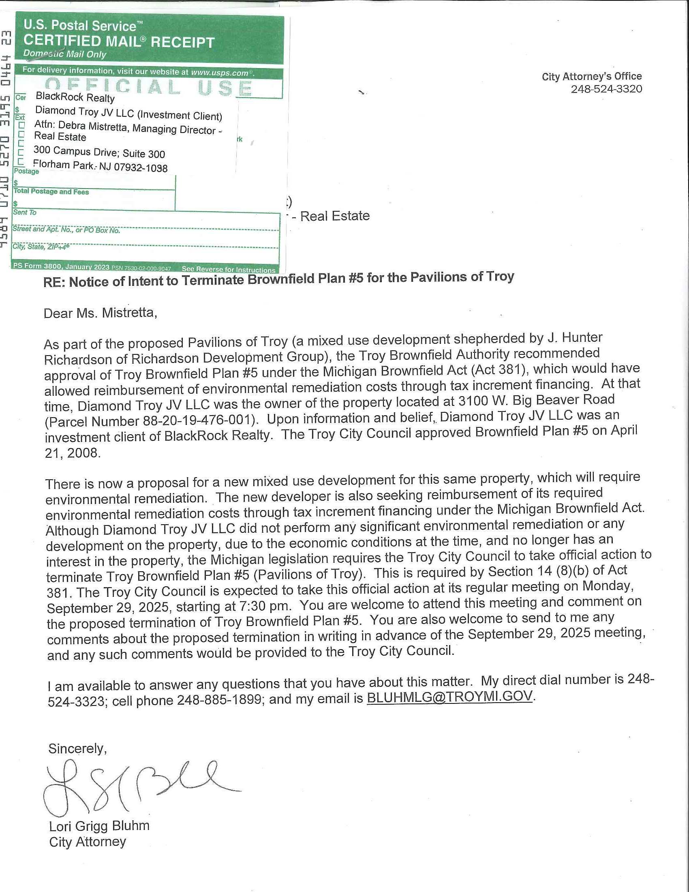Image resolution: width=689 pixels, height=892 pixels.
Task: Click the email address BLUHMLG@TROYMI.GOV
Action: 449,697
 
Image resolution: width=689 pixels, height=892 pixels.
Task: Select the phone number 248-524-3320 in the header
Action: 606,89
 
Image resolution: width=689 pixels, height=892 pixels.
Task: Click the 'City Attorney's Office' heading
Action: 591,76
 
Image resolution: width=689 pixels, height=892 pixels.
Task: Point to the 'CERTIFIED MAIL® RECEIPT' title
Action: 119,42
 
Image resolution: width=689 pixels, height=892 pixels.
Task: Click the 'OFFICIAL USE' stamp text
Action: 149,87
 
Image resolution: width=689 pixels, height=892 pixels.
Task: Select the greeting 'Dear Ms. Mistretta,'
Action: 100,313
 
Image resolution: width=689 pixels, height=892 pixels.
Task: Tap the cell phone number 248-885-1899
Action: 219,700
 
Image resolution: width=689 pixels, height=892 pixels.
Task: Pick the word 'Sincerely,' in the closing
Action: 77,748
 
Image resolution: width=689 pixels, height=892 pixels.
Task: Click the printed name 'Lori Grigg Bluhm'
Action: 99,826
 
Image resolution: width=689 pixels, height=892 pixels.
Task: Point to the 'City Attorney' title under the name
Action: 88,842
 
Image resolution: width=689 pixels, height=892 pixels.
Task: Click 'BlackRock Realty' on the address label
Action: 75,97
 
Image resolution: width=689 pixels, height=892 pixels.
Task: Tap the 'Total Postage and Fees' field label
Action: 51,191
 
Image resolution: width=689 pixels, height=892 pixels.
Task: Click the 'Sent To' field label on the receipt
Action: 24,212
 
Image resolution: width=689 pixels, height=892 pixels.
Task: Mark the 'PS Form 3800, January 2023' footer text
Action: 61,266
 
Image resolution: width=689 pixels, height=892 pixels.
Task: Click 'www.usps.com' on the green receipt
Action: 220,73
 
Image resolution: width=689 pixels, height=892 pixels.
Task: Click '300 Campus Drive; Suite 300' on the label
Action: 99,152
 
